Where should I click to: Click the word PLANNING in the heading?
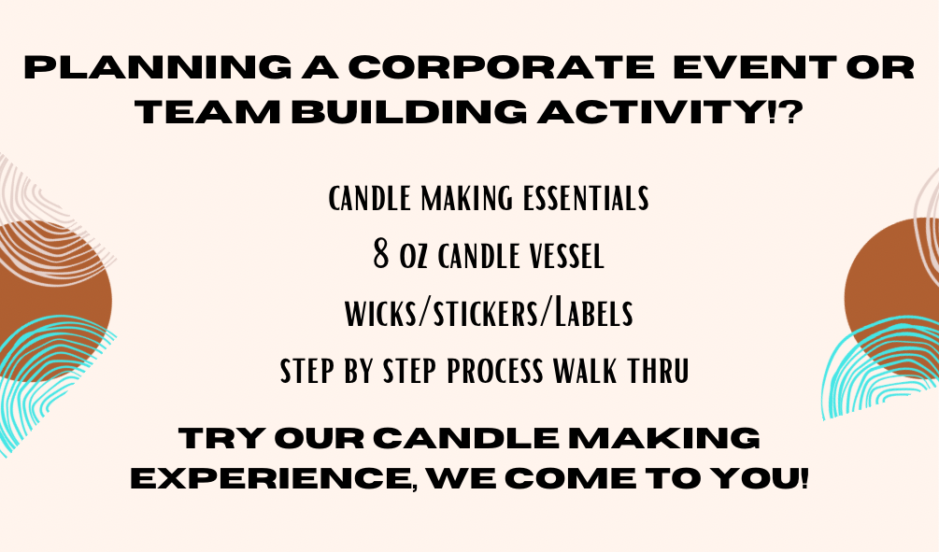coord(158,67)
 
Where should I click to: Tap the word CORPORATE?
coord(501,67)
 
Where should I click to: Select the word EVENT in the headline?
coord(755,67)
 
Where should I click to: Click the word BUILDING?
coord(409,113)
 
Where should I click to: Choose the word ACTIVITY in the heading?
coord(651,113)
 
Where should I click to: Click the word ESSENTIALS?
coord(586,199)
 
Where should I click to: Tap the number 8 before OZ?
coord(381,254)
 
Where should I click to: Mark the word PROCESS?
coord(494,371)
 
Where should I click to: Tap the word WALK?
coord(584,371)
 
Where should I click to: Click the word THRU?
coord(659,371)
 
